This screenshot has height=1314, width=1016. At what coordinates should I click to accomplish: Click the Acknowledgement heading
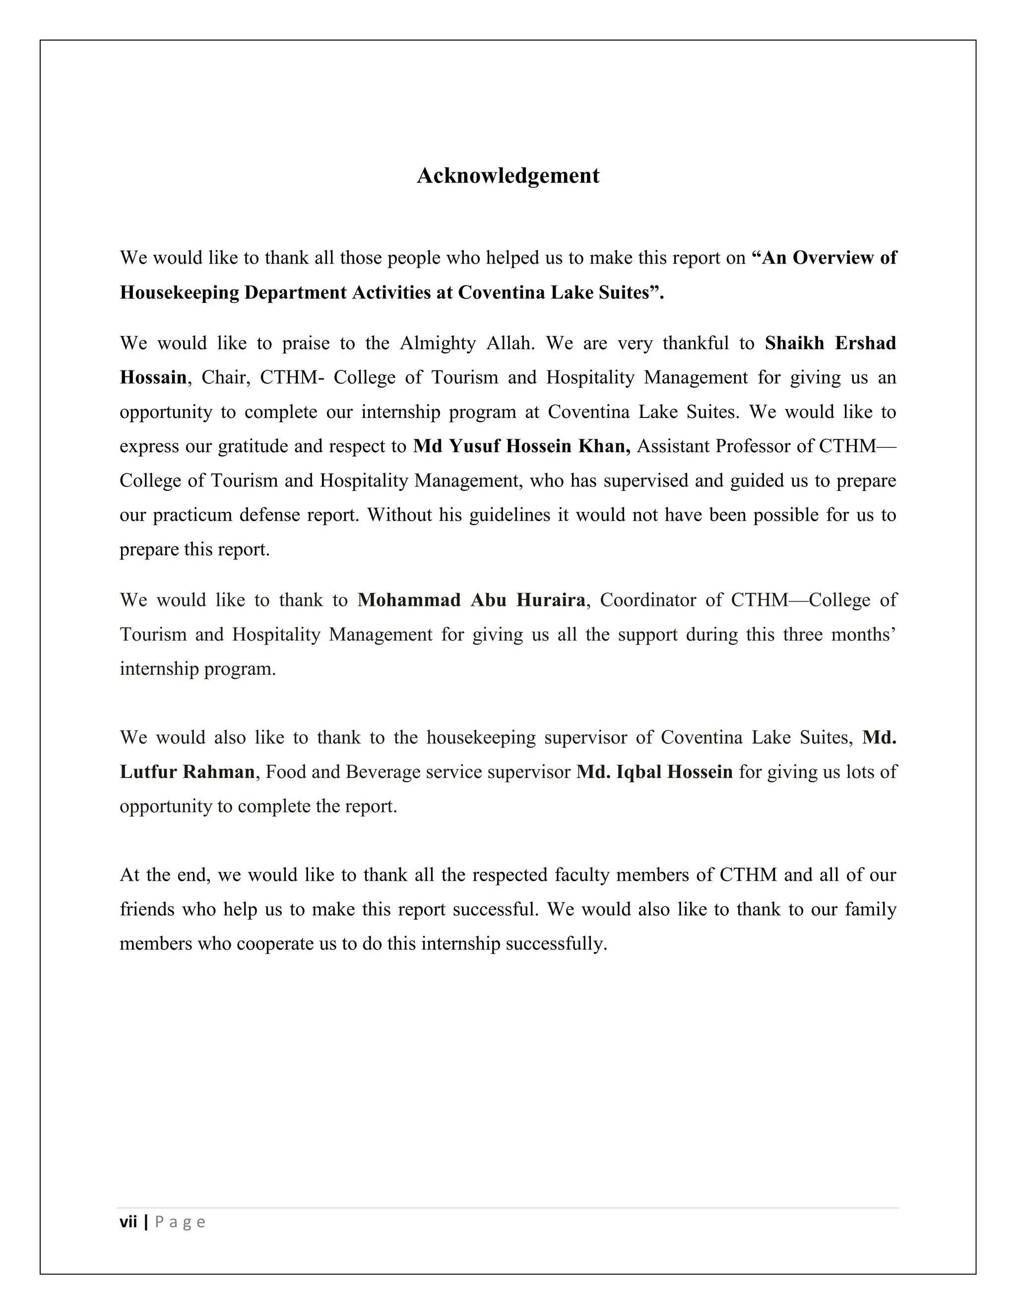click(508, 176)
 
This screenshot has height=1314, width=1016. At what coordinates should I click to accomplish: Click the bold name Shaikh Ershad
click(830, 343)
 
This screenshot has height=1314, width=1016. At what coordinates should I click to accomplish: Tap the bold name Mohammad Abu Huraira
click(471, 600)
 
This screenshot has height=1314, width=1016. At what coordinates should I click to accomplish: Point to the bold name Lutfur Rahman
click(187, 772)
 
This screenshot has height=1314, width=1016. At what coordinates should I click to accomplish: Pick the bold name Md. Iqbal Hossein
click(654, 772)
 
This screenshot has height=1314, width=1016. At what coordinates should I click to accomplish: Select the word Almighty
click(438, 343)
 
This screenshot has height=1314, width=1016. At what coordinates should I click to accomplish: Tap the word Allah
click(510, 343)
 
